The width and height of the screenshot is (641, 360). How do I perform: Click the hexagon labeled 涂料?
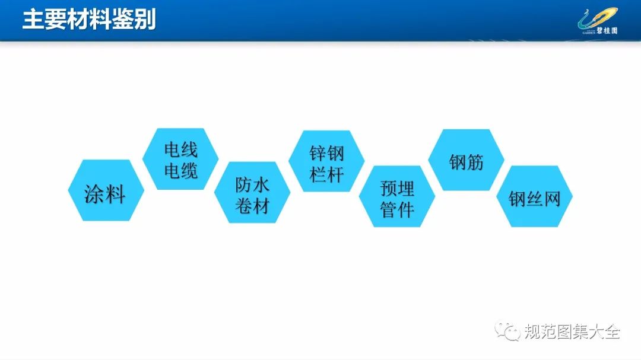click(106, 190)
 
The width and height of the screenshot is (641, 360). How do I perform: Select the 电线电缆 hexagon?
click(180, 159)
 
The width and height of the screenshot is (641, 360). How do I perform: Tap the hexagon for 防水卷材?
click(252, 193)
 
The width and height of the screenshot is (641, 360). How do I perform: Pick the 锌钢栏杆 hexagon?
click(326, 161)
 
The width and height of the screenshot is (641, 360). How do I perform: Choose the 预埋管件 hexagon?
click(397, 196)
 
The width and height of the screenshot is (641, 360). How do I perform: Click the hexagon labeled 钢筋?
click(466, 160)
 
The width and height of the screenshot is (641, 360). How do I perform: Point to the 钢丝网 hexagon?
click(534, 196)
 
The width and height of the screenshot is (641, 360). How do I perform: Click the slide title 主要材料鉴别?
click(89, 19)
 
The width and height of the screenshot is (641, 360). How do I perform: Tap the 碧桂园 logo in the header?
click(598, 22)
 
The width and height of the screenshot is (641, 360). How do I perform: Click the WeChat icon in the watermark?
click(507, 330)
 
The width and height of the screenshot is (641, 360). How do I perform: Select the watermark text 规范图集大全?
click(572, 331)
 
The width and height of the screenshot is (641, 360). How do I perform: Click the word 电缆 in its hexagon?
click(180, 170)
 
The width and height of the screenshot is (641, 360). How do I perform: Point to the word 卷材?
click(252, 206)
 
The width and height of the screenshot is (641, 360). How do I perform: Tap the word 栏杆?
click(326, 175)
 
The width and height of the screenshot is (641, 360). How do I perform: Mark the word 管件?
click(397, 210)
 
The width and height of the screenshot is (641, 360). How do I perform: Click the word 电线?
click(180, 149)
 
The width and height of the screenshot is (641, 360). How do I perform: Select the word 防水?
click(252, 184)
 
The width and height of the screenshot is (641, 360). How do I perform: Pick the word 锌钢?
click(326, 154)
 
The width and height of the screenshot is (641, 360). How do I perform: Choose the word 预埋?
click(397, 189)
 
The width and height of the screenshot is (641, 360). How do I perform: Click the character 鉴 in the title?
click(123, 19)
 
